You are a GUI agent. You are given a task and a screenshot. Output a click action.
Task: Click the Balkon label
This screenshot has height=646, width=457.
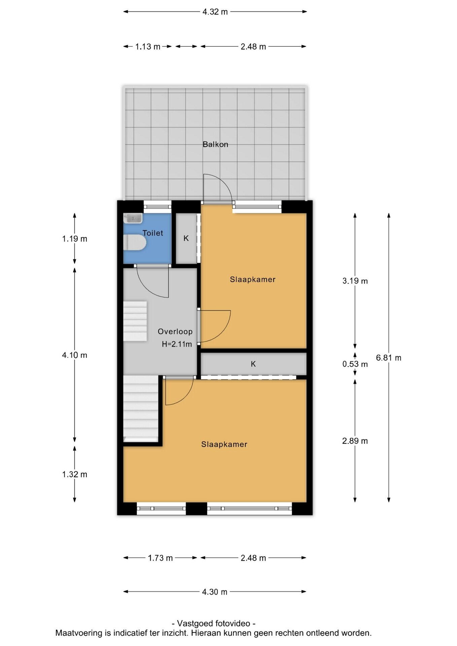(x=215, y=144)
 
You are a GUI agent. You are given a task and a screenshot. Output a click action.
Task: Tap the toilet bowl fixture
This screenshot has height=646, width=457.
(x=134, y=243)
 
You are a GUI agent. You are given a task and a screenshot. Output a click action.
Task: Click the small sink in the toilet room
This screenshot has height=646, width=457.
(x=133, y=218)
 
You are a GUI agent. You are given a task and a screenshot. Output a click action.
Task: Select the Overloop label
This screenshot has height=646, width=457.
(x=175, y=331)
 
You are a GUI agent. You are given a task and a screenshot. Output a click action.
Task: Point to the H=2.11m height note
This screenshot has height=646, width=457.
(x=177, y=344)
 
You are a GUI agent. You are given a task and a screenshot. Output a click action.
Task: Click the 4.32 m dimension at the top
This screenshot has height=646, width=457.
(x=215, y=12)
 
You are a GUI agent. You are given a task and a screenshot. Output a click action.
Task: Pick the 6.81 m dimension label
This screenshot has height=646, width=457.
(x=389, y=358)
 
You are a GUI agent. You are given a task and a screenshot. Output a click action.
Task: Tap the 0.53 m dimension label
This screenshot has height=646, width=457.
(x=355, y=364)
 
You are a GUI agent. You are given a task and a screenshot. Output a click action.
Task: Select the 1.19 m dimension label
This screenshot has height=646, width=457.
(x=75, y=239)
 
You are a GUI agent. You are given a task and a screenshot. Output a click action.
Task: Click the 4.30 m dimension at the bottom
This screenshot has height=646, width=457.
(x=215, y=592)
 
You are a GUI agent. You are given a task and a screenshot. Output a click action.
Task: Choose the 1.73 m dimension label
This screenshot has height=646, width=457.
(x=160, y=558)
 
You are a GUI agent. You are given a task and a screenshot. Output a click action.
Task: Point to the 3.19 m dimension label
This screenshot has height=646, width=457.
(x=355, y=281)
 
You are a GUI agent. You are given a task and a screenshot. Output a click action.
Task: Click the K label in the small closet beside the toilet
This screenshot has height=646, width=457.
(x=186, y=239)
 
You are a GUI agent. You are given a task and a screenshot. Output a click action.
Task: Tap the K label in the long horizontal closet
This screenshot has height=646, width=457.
(x=253, y=364)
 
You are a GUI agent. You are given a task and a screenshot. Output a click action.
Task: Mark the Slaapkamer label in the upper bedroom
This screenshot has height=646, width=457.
(x=253, y=279)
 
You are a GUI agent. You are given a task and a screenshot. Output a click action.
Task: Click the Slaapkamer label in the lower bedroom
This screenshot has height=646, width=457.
(x=224, y=444)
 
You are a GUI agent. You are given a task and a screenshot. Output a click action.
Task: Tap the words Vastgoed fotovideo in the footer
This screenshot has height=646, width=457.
(x=214, y=623)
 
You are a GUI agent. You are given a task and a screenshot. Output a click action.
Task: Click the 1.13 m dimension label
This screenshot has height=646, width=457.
(x=148, y=46)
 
